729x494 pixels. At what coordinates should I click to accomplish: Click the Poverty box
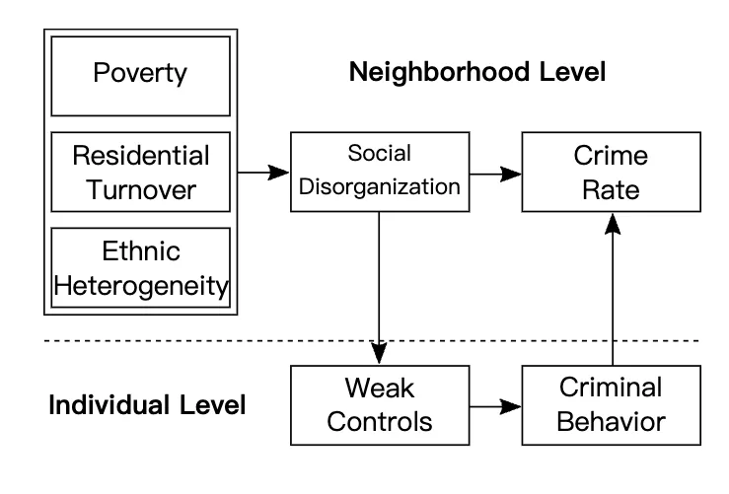140,76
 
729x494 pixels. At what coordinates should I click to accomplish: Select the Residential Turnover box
140,172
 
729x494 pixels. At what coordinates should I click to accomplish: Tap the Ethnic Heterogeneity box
140,267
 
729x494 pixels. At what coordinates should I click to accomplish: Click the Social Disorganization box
380,172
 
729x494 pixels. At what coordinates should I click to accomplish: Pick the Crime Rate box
612,172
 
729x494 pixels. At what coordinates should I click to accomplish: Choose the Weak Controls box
380,405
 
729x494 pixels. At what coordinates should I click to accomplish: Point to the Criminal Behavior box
612,405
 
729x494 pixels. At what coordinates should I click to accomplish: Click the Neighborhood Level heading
477,72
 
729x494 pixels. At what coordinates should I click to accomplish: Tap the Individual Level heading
147,405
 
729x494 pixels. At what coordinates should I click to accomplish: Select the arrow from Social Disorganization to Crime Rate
495,175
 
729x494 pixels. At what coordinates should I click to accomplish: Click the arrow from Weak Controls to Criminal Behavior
495,406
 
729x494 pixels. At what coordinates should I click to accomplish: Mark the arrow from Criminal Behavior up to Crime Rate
613,289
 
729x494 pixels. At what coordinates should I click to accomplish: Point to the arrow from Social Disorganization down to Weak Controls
379,288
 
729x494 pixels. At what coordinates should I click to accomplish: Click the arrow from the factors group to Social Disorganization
263,173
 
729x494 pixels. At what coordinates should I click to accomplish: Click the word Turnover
141,190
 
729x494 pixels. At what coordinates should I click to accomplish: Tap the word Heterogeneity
141,286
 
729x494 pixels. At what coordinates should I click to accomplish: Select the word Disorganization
380,186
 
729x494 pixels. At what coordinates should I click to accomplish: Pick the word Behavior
611,422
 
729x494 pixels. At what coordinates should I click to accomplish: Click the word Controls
380,422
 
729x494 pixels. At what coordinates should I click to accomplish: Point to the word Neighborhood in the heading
439,72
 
